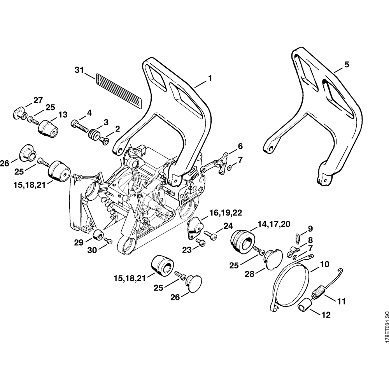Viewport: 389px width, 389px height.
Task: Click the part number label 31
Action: pos(79,70)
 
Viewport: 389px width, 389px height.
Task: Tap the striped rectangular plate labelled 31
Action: pos(119,89)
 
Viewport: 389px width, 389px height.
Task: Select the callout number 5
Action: pos(347,65)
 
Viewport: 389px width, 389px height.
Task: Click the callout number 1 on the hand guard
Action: pos(210,78)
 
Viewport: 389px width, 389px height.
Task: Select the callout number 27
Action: pos(38,100)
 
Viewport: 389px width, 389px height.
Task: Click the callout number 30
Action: pos(92,251)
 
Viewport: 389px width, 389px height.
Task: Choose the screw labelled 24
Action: pos(210,235)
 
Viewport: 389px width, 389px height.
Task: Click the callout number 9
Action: pos(310,228)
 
